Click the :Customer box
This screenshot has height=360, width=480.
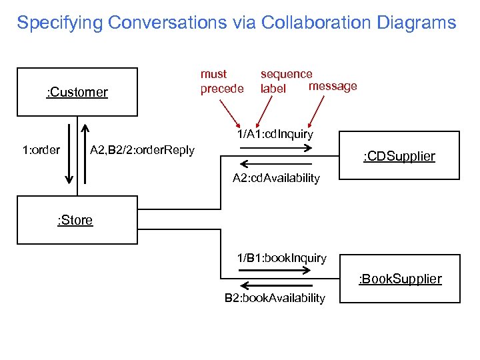[x=77, y=92]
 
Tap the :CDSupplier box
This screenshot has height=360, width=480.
[x=399, y=156]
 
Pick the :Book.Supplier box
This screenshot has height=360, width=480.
[x=400, y=279]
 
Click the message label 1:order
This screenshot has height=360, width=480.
[x=41, y=150]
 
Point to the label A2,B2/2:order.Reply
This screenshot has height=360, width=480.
[x=142, y=150]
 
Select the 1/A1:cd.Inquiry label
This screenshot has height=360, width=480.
[x=275, y=134]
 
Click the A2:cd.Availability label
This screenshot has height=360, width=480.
[x=276, y=178]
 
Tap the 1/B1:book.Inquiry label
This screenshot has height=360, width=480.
[x=282, y=258]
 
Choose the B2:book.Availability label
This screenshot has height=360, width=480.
[x=275, y=298]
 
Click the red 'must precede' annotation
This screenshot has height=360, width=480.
[x=222, y=81]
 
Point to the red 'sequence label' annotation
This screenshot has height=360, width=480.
[x=285, y=81]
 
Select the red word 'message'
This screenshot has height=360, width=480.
[x=333, y=86]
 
